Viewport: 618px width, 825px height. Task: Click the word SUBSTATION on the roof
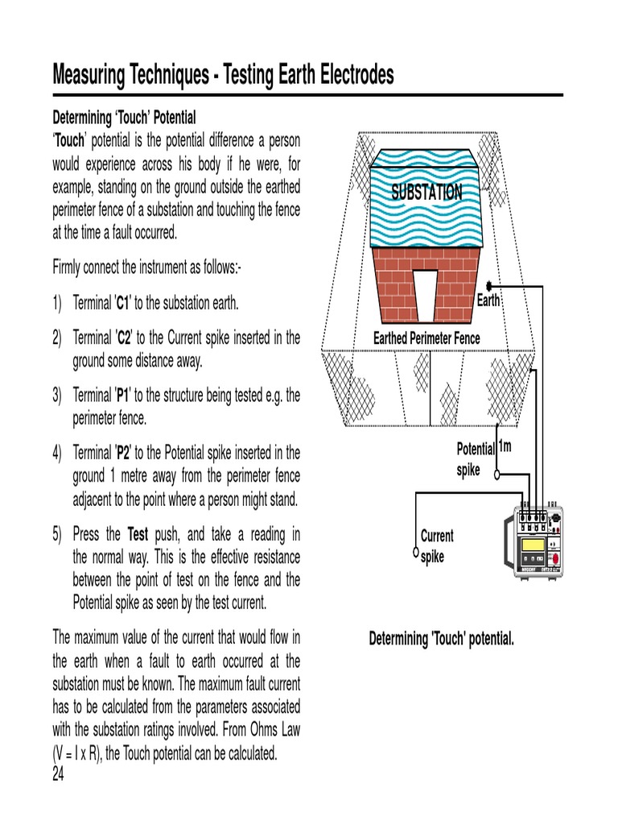tap(426, 192)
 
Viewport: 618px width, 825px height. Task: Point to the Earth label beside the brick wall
tap(488, 301)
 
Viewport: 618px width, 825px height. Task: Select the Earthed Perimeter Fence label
tap(426, 338)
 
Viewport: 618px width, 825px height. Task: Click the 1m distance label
tap(505, 446)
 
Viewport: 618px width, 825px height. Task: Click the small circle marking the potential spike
tap(496, 475)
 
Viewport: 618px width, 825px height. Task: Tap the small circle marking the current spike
tap(415, 552)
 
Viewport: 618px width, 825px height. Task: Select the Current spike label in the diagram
tap(437, 545)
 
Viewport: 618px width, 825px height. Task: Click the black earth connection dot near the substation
tap(488, 286)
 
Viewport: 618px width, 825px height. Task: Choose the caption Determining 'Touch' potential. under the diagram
tap(441, 639)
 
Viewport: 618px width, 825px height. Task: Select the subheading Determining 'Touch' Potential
tap(124, 118)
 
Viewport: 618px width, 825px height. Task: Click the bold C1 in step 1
tap(123, 304)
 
